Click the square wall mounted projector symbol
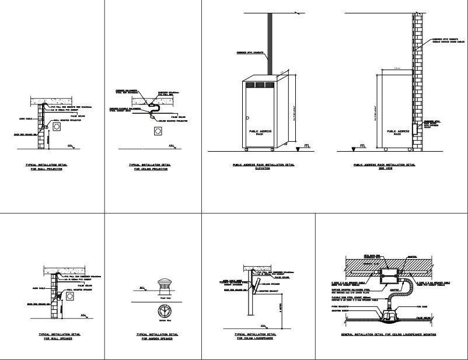coord(58,127)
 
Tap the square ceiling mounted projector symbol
coord(158,132)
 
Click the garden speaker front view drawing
coord(165,286)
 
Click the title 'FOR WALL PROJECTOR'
coord(46,169)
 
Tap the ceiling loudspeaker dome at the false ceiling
coord(390,316)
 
